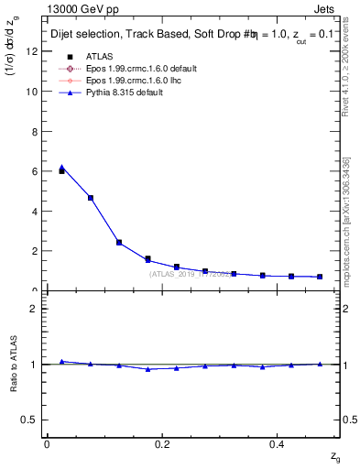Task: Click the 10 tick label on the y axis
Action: [32, 92]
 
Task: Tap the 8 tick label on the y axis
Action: [34, 131]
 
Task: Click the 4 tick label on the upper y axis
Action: [34, 211]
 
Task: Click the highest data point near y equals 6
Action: [61, 170]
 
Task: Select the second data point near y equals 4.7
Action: [90, 198]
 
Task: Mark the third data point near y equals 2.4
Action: [119, 243]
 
